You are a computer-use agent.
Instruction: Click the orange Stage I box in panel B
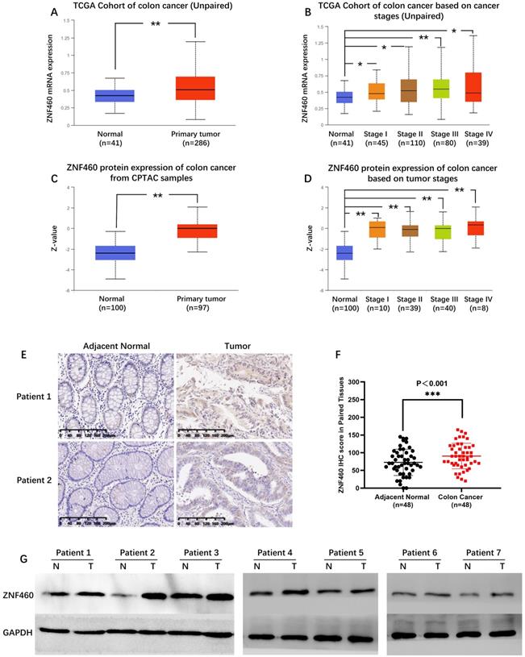pos(376,90)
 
